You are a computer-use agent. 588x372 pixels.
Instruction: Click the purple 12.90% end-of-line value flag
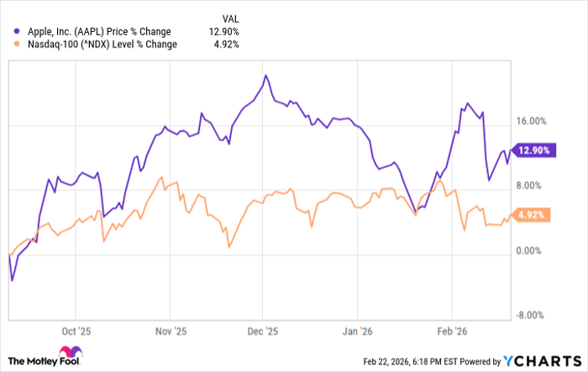tap(534, 150)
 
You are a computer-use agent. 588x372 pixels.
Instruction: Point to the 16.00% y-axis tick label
tap(531, 122)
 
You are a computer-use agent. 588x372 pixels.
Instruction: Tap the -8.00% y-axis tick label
tap(532, 316)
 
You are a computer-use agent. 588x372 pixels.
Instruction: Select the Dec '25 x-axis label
tap(263, 331)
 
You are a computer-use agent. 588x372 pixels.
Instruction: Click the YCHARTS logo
tap(541, 360)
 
